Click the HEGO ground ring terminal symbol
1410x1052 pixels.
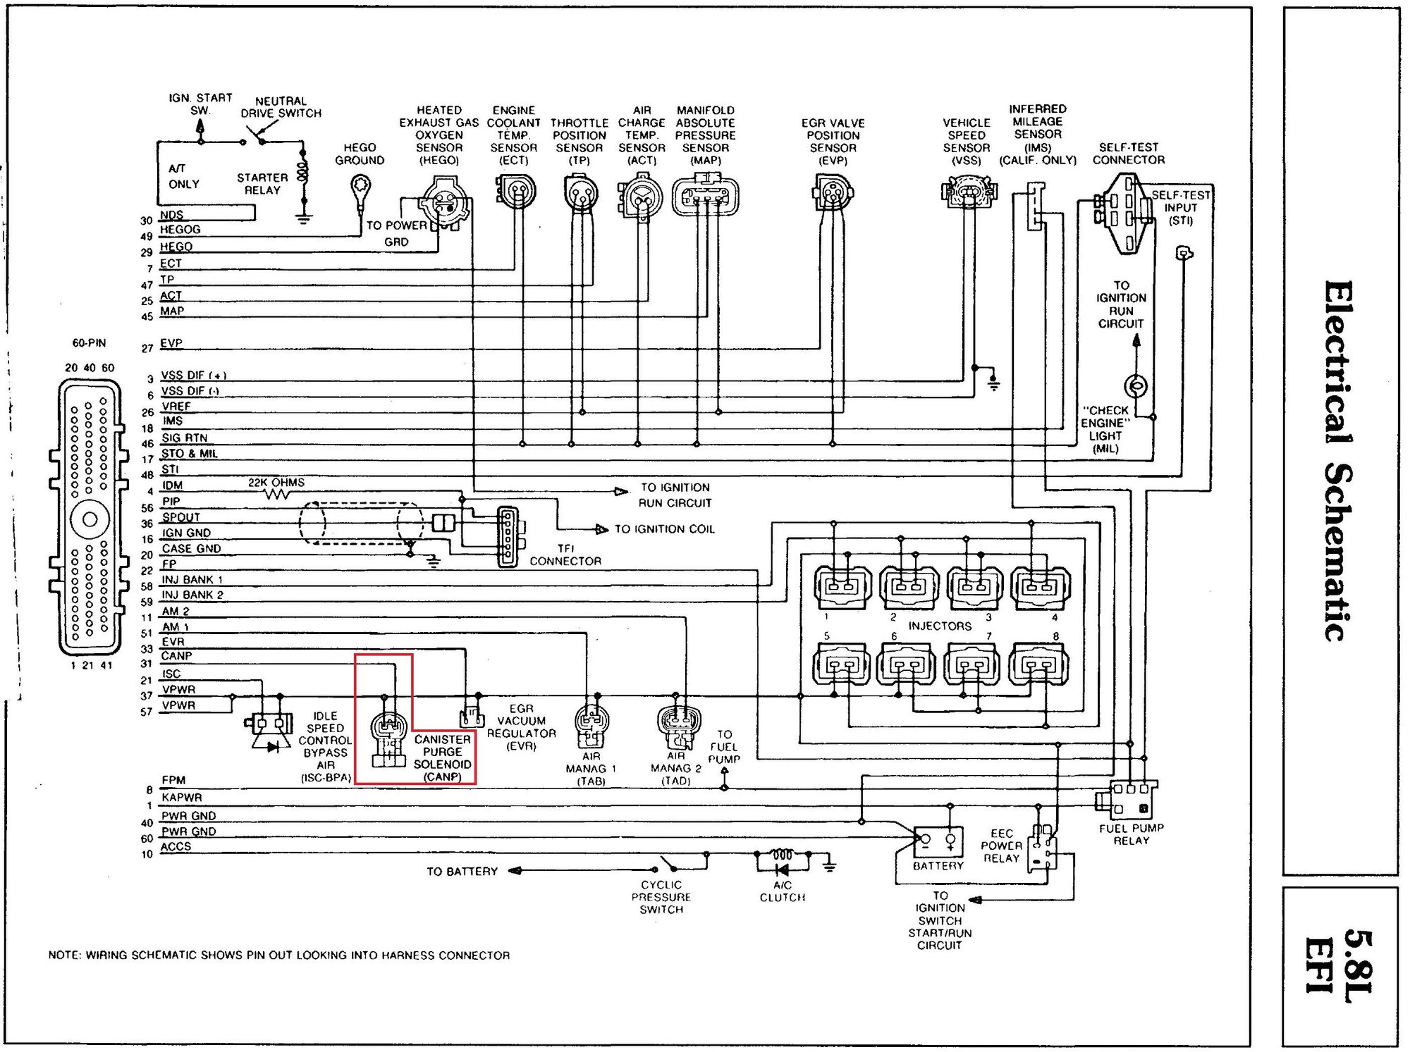[360, 188]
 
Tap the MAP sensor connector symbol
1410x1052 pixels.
[706, 197]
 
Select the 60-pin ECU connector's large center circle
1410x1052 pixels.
[90, 520]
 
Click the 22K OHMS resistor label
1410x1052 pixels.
[276, 483]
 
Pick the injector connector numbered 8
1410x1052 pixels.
[1038, 664]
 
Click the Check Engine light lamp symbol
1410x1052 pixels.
[1135, 385]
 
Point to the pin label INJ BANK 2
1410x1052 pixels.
[192, 595]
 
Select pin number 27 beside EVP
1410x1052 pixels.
[147, 348]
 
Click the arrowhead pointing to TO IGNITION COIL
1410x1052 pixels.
[602, 529]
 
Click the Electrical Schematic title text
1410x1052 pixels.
[1337, 462]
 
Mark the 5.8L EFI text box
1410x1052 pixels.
[1339, 965]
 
